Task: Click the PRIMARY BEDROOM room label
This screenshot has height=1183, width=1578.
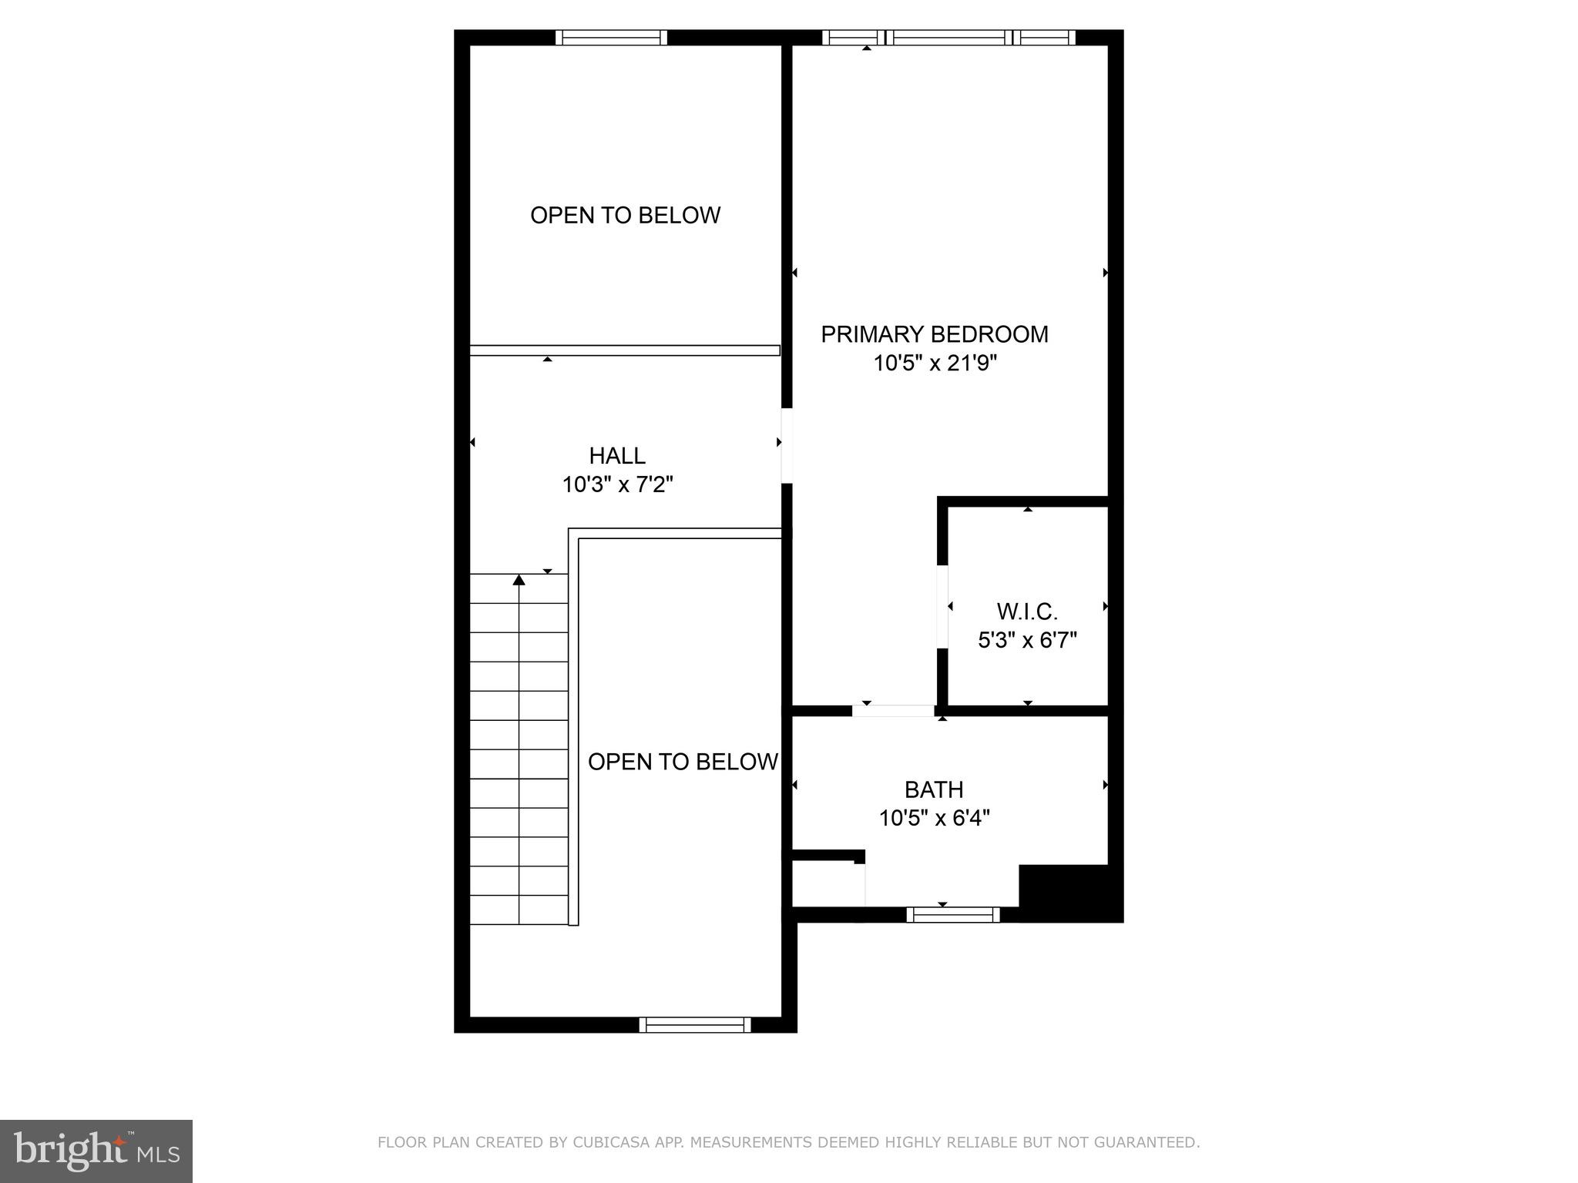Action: (x=934, y=334)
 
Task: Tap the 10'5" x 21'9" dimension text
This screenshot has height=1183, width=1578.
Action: (x=934, y=363)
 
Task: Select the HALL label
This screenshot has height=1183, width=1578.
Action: (x=617, y=456)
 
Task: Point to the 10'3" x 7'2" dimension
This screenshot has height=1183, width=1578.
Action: (x=617, y=484)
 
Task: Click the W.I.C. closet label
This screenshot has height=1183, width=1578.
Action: (x=1027, y=612)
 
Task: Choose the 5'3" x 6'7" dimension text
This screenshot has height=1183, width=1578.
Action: (x=1027, y=640)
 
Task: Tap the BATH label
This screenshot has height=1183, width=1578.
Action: (x=934, y=789)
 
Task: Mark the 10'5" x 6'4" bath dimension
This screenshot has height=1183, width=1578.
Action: (x=934, y=818)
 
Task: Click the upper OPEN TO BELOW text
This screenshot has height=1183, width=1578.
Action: (x=625, y=215)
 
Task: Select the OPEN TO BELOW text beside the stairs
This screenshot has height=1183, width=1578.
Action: (x=683, y=762)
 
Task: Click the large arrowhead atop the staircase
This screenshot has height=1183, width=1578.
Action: (x=519, y=579)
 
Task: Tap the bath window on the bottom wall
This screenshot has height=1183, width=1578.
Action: (x=953, y=914)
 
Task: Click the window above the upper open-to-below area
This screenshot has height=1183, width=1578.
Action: (x=611, y=37)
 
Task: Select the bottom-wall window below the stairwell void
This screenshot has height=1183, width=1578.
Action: (x=695, y=1024)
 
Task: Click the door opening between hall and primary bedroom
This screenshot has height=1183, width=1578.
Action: (x=787, y=445)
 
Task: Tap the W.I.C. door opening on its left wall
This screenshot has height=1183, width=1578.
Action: (x=942, y=607)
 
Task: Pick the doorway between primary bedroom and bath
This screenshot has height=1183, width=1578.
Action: (x=894, y=710)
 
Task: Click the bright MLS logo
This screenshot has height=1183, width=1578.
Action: (x=96, y=1151)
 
